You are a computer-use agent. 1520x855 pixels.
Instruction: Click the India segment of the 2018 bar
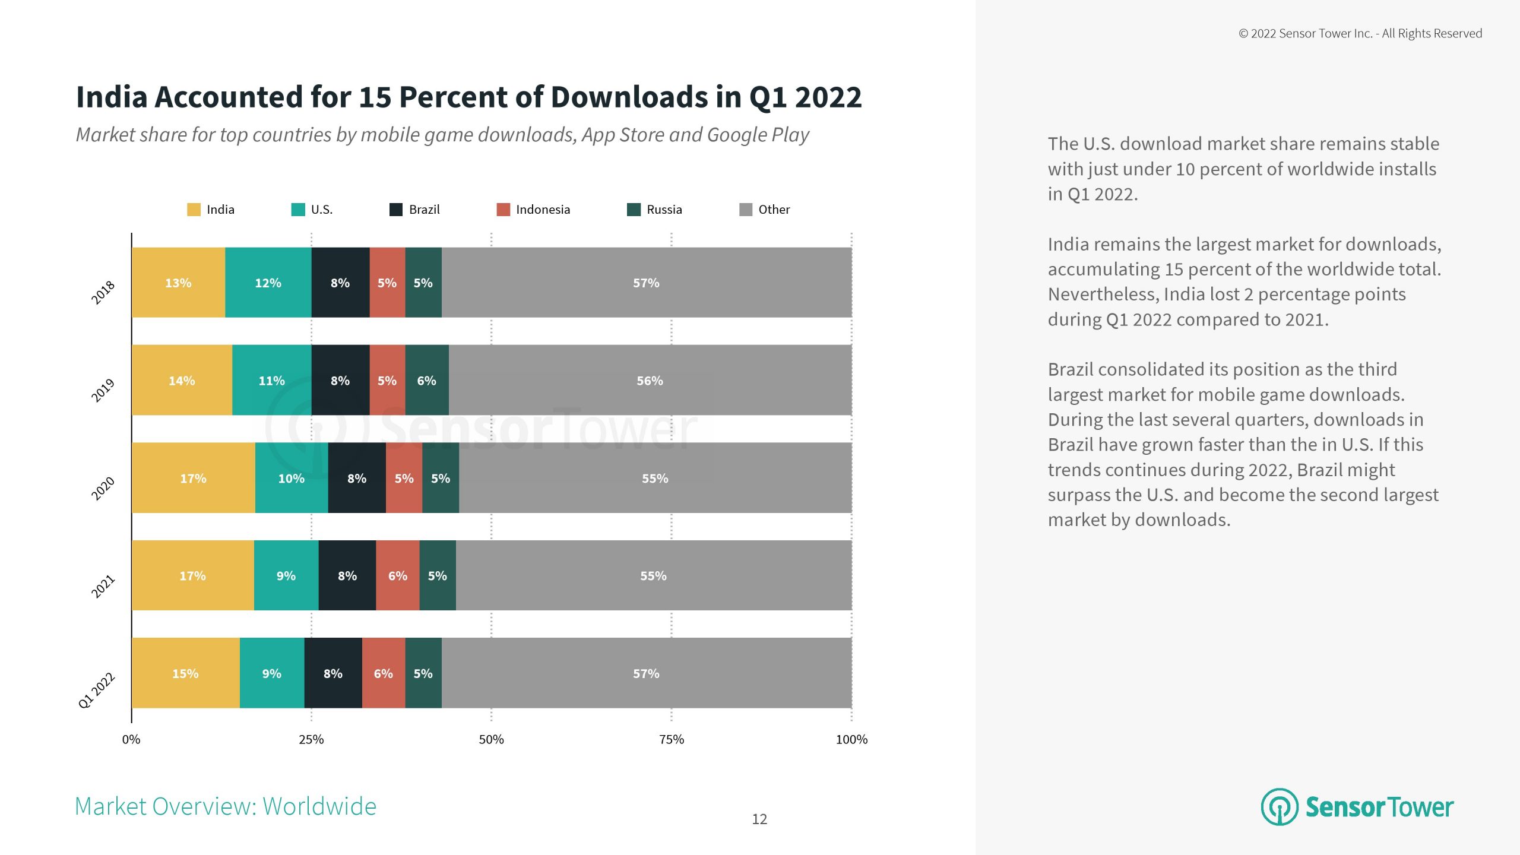tap(178, 283)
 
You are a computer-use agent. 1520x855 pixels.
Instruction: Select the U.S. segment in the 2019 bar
tap(271, 380)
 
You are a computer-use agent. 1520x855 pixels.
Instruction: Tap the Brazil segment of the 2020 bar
tap(356, 478)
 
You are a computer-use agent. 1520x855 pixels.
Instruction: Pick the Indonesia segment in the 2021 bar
tap(397, 575)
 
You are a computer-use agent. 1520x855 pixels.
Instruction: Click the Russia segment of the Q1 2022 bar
tap(423, 673)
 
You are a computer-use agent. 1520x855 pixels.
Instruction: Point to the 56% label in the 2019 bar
tap(650, 381)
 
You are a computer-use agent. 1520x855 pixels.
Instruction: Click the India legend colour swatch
tap(194, 210)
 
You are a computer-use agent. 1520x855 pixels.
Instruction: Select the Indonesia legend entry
tap(542, 210)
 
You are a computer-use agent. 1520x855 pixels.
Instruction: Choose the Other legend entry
tap(773, 210)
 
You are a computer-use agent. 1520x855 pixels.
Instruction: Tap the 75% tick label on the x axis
tap(672, 740)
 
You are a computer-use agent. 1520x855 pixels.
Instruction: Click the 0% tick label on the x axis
tap(131, 740)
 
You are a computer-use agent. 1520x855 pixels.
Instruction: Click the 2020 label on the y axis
tap(103, 489)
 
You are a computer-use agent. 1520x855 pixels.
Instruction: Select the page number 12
tap(759, 819)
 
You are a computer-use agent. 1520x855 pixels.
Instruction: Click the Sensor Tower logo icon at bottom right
tap(1280, 807)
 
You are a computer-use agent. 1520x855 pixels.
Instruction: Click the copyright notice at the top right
tap(1360, 34)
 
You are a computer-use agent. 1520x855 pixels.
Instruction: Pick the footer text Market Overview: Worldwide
tap(226, 807)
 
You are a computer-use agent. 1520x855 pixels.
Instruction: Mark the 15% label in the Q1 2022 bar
tap(185, 674)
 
